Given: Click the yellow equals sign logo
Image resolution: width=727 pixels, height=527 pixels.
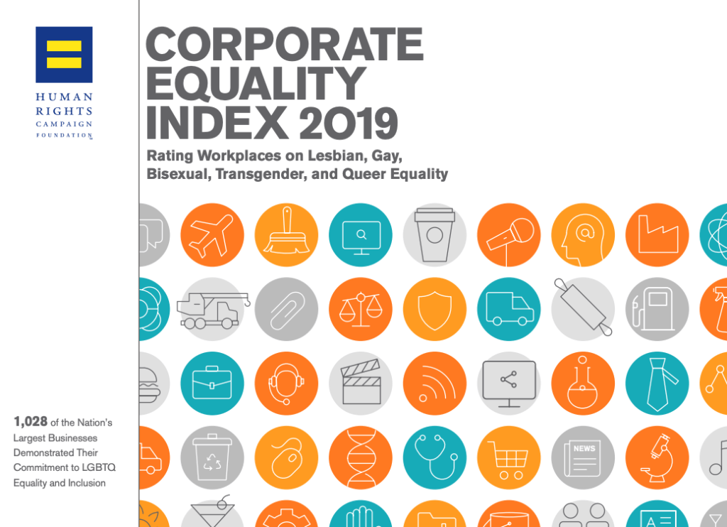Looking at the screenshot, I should (x=64, y=55).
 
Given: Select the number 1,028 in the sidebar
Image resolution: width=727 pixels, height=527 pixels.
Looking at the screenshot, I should (x=30, y=423).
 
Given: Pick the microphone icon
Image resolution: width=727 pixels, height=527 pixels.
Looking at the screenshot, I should (x=509, y=235).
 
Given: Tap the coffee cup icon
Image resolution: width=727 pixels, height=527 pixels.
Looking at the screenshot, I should (x=434, y=234).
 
